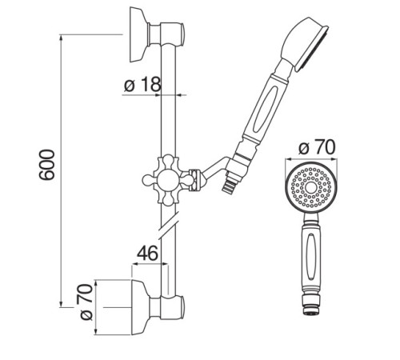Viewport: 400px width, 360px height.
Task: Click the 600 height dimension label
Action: point(47,165)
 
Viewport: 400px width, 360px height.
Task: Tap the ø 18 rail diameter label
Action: point(142,84)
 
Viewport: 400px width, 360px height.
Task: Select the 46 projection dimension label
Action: point(147,253)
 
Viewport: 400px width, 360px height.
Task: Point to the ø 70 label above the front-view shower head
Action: point(317,147)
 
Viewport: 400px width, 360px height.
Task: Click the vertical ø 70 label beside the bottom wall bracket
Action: point(86,302)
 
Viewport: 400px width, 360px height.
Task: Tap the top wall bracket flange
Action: point(139,34)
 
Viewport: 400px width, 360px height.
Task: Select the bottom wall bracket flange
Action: point(141,307)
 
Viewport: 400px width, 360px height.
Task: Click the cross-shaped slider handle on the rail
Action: point(169,181)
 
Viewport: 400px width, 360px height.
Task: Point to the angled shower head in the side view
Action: point(305,43)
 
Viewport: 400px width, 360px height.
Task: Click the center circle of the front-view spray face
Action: point(311,188)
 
